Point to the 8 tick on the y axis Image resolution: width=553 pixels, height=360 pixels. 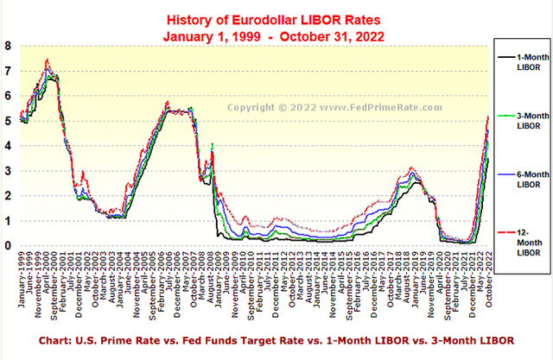[x=8, y=46]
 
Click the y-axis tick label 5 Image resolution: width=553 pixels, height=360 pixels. [x=8, y=121]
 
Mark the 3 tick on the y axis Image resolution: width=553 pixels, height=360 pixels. [x=8, y=171]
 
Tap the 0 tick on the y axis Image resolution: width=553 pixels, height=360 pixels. [x=8, y=246]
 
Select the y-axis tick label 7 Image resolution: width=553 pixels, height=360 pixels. [x=8, y=71]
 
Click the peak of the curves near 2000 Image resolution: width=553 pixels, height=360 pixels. [x=47, y=60]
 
